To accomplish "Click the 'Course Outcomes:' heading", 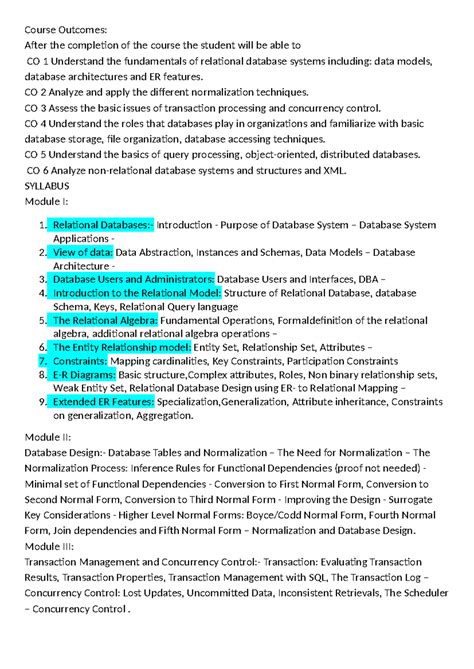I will pos(66,30).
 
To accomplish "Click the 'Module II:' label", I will pos(51,438).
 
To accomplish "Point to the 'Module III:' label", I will pos(53,546).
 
